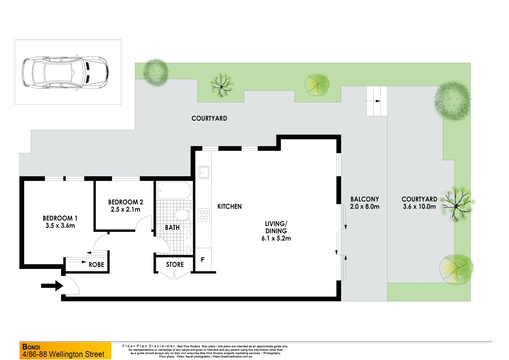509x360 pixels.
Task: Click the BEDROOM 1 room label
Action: (60, 218)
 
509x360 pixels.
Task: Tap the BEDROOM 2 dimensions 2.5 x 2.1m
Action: (126, 210)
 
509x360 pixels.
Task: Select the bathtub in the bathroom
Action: (174, 190)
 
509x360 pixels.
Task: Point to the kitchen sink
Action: (204, 172)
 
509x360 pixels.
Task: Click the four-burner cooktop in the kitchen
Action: (204, 215)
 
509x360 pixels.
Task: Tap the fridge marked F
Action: (203, 260)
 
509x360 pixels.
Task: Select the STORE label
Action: (175, 265)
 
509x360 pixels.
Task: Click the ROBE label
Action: (96, 265)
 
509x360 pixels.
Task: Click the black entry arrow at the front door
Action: (52, 286)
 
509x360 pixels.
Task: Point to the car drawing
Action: (65, 72)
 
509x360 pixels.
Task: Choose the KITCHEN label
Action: (230, 207)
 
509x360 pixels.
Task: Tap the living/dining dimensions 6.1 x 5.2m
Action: (276, 238)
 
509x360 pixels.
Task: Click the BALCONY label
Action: (364, 199)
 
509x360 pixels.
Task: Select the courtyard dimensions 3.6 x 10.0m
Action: (419, 207)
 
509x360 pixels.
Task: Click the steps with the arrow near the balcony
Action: (377, 101)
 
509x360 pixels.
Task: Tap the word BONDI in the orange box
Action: (31, 347)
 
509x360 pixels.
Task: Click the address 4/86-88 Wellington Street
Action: (63, 354)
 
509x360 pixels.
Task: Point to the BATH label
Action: (172, 228)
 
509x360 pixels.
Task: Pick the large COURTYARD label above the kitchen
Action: (209, 118)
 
